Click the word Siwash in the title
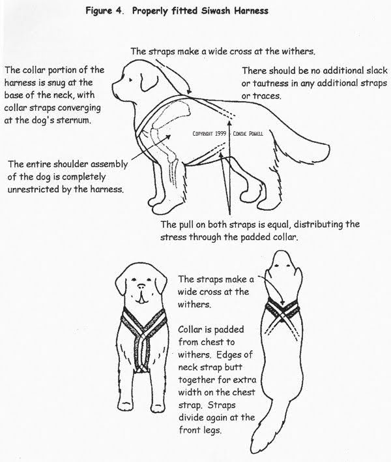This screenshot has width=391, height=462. coord(216,11)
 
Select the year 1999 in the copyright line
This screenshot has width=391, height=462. coord(220,134)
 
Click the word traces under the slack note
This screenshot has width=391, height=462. coord(267,96)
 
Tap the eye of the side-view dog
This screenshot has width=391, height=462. coord(130,79)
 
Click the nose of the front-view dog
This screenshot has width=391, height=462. coord(141,286)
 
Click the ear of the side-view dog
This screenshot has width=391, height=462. coord(147,81)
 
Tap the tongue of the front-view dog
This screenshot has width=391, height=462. coord(141,298)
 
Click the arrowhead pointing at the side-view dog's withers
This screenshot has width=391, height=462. coord(190,92)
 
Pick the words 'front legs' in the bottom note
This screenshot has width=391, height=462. coord(200,431)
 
